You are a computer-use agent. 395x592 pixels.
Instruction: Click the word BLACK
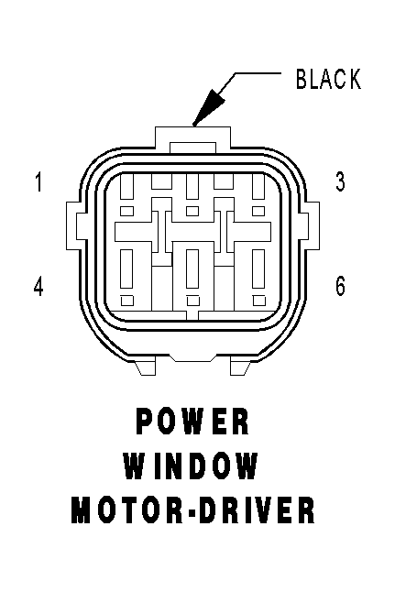328,79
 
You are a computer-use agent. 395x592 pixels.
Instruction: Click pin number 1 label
38,182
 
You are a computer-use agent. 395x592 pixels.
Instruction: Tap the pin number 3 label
340,181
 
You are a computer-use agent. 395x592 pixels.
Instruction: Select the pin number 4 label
38,286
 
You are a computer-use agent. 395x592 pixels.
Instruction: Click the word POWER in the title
192,421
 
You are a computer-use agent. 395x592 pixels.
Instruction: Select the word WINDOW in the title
191,466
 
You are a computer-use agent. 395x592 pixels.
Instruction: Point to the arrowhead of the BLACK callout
207,107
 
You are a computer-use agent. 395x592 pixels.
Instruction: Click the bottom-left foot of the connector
145,368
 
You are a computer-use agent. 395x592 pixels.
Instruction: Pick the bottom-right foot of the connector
240,368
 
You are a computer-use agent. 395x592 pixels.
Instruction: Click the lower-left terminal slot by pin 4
126,269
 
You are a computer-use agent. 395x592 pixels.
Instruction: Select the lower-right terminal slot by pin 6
258,269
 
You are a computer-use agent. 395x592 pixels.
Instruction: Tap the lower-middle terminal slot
192,269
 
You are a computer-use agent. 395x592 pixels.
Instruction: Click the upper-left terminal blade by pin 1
126,186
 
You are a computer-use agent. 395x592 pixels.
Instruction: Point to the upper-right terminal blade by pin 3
258,186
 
